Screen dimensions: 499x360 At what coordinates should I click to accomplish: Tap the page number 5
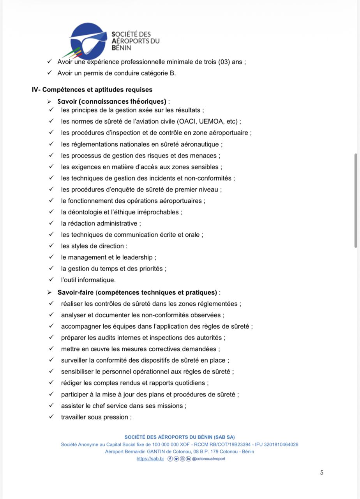tap(322, 473)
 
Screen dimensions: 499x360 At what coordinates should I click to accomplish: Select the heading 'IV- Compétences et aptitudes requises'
tap(92, 90)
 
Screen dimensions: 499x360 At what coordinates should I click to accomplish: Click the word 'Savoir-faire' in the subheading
tap(76, 292)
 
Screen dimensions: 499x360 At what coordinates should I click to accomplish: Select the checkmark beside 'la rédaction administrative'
tap(51, 223)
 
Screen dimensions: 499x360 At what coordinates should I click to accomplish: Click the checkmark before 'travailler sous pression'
tap(51, 417)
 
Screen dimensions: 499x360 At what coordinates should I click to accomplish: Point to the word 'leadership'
tap(138, 257)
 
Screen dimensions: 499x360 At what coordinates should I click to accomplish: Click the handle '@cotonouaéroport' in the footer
tap(208, 459)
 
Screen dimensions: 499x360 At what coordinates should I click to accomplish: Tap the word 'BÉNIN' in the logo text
tap(121, 48)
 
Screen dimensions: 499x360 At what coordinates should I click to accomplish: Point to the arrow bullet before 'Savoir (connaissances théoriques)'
tap(49, 102)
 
